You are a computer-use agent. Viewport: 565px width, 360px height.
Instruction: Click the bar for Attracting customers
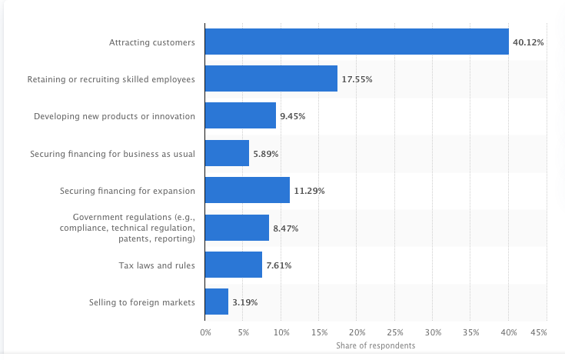(357, 42)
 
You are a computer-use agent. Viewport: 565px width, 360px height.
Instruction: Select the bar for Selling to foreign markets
(217, 302)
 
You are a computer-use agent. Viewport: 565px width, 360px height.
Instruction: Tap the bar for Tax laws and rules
(234, 265)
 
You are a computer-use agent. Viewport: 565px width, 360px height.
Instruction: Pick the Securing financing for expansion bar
(248, 190)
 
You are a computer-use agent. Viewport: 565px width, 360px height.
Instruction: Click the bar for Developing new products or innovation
(241, 115)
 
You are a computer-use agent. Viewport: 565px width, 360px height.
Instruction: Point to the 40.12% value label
(529, 42)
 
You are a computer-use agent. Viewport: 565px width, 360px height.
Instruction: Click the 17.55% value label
(357, 79)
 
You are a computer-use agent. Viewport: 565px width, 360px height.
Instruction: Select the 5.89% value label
(266, 154)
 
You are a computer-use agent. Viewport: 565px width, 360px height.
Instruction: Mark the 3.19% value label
(245, 302)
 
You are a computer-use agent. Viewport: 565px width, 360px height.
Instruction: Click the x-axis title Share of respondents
(375, 345)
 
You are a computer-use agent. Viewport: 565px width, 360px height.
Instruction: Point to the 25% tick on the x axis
(395, 332)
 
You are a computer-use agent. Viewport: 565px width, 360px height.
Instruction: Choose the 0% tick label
(205, 332)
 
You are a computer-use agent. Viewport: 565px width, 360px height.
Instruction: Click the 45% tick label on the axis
(538, 332)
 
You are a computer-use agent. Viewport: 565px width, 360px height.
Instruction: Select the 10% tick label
(281, 332)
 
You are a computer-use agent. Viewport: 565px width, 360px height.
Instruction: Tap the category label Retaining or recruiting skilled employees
(111, 79)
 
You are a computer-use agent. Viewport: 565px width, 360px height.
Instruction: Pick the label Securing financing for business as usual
(112, 154)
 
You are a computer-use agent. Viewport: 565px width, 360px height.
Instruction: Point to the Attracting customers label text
(152, 42)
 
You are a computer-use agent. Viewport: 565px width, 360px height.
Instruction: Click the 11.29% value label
(310, 191)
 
